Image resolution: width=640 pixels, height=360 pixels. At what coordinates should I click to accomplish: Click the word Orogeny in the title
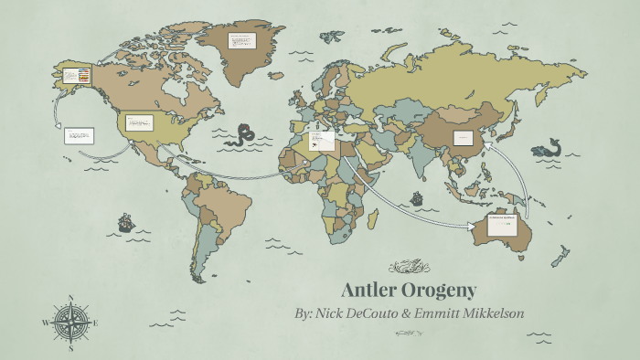click(x=442, y=291)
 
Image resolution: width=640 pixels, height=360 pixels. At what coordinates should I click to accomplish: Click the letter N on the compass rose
click(x=71, y=297)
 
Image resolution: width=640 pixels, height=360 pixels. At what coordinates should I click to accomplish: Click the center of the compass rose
click(x=70, y=323)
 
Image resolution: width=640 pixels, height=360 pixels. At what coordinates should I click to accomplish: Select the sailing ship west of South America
click(x=125, y=222)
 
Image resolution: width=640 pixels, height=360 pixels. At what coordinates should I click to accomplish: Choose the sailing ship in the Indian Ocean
click(x=417, y=197)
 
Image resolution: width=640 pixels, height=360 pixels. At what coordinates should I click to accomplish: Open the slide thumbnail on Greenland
click(x=242, y=42)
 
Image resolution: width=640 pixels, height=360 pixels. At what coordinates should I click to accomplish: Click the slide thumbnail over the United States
click(x=139, y=122)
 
